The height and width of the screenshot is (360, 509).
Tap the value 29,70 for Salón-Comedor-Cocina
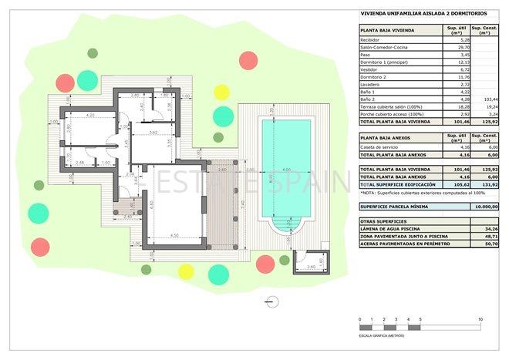pos(454,47)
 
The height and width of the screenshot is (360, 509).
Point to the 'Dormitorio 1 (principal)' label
pos(385,62)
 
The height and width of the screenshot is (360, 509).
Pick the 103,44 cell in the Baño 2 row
pos(484,99)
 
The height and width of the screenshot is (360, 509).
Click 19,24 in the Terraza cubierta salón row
pos(484,106)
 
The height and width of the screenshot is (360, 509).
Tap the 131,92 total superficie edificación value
pos(484,185)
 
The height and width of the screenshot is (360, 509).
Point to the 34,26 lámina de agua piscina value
pos(484,229)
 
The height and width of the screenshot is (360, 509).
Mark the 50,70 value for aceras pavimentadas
pos(484,244)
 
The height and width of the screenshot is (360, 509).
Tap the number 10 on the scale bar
pos(480,319)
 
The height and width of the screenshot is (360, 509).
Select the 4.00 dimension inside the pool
pos(285,170)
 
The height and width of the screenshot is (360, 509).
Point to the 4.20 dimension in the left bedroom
pos(89,116)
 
